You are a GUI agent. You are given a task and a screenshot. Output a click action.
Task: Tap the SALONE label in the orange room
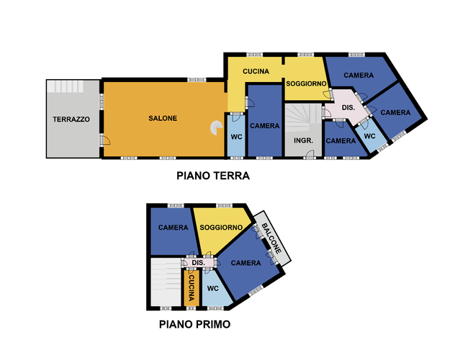pos(163,118)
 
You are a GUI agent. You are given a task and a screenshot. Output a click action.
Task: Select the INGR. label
pos(302,140)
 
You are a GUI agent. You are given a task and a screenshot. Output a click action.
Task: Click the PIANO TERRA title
pos(213,175)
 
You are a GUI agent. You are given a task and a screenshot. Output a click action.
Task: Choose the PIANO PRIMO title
pos(194,325)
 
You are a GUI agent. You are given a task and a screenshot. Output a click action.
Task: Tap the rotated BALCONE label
pos(271,237)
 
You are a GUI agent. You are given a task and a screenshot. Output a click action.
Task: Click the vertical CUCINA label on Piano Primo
pos(192,286)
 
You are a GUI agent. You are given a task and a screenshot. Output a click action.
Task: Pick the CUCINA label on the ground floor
pos(256,71)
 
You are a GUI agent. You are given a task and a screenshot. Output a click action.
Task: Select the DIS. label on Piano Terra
pos(348,107)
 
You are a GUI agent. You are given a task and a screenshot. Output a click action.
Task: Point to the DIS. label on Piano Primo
pos(199,264)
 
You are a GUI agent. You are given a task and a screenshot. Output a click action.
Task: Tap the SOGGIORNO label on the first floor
pos(221,228)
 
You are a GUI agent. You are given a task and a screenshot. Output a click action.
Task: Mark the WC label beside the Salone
pos(236,137)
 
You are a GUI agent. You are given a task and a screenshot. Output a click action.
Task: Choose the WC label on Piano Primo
pos(212,289)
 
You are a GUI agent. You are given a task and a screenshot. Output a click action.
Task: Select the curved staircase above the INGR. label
pos(303,114)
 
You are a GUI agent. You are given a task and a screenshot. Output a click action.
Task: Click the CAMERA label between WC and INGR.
pos(264,126)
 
